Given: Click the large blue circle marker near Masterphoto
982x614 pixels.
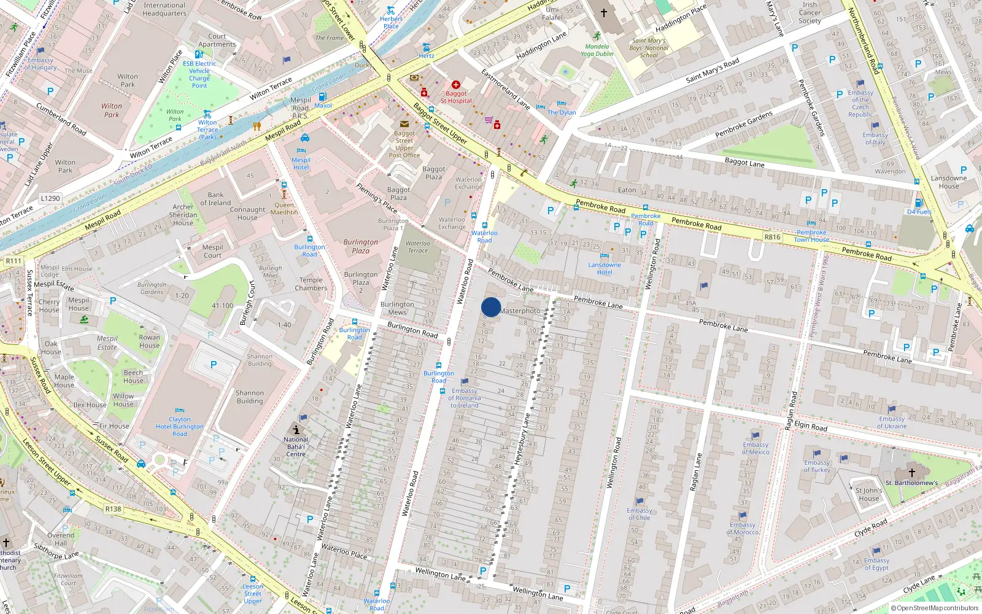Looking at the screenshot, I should click(x=491, y=307).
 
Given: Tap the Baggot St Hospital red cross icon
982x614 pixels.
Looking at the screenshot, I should click(x=456, y=85).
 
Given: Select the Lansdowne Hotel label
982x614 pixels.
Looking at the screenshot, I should click(x=605, y=268).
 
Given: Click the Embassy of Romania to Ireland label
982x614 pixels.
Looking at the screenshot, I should click(x=465, y=398).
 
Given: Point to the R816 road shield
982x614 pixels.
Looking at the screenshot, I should click(x=772, y=237).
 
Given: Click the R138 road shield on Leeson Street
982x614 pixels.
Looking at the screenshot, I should click(x=113, y=509).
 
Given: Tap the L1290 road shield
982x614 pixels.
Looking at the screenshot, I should click(x=50, y=198).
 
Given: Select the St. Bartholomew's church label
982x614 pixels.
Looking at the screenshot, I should click(x=911, y=483).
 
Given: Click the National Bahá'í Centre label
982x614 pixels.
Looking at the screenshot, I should click(x=296, y=446).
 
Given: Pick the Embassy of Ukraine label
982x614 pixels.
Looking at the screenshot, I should click(x=891, y=422).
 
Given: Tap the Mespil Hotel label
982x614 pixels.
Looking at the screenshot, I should click(x=301, y=163).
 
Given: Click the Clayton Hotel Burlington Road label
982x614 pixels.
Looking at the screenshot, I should click(x=179, y=426).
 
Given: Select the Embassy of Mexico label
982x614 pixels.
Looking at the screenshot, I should click(x=756, y=448).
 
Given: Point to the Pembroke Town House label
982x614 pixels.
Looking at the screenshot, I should click(x=811, y=236).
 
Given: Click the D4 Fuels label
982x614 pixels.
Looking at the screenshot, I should click(x=919, y=212).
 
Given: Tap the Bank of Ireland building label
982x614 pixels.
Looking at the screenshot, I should click(x=215, y=199).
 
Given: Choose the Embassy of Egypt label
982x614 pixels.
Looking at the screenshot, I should click(x=876, y=564).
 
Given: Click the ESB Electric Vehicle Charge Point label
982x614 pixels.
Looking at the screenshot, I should click(x=199, y=74).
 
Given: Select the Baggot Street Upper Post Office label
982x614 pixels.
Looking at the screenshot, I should click(x=404, y=144).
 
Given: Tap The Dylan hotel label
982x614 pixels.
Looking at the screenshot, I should click(x=562, y=112).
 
